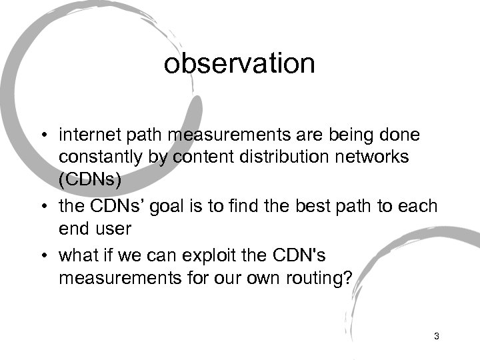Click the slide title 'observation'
(x=239, y=64)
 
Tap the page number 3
(x=436, y=336)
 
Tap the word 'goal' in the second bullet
(x=178, y=206)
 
